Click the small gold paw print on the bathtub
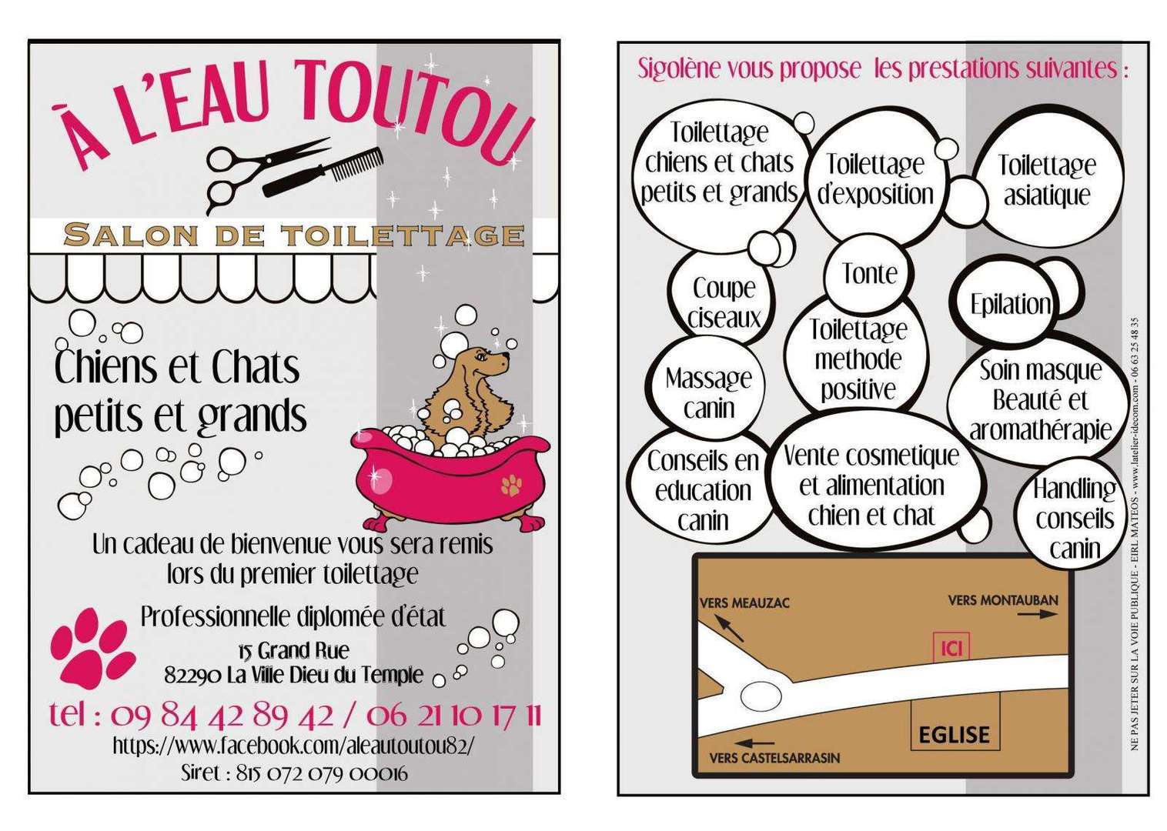click(511, 485)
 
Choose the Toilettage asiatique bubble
click(1047, 181)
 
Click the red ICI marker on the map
click(951, 648)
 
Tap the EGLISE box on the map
click(955, 722)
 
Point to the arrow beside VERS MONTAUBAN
click(1038, 614)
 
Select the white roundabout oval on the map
click(761, 696)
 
